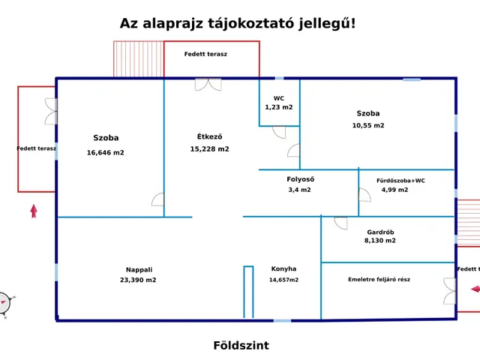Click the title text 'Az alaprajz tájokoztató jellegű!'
click(238, 23)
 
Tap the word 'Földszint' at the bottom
click(241, 346)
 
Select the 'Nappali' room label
click(139, 270)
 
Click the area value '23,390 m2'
click(138, 280)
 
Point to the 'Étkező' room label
click(209, 136)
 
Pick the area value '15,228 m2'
click(209, 148)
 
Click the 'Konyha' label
click(283, 268)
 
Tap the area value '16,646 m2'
click(106, 152)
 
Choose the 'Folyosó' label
click(300, 179)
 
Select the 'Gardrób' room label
click(380, 232)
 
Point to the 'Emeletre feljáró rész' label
click(379, 279)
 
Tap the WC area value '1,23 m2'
click(279, 107)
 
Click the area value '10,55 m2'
click(368, 125)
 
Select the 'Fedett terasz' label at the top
click(205, 54)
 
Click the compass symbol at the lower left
click(4, 303)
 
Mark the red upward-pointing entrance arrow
click(34, 211)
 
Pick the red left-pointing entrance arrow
click(475, 289)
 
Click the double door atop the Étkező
click(208, 84)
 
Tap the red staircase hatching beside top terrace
click(138, 58)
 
